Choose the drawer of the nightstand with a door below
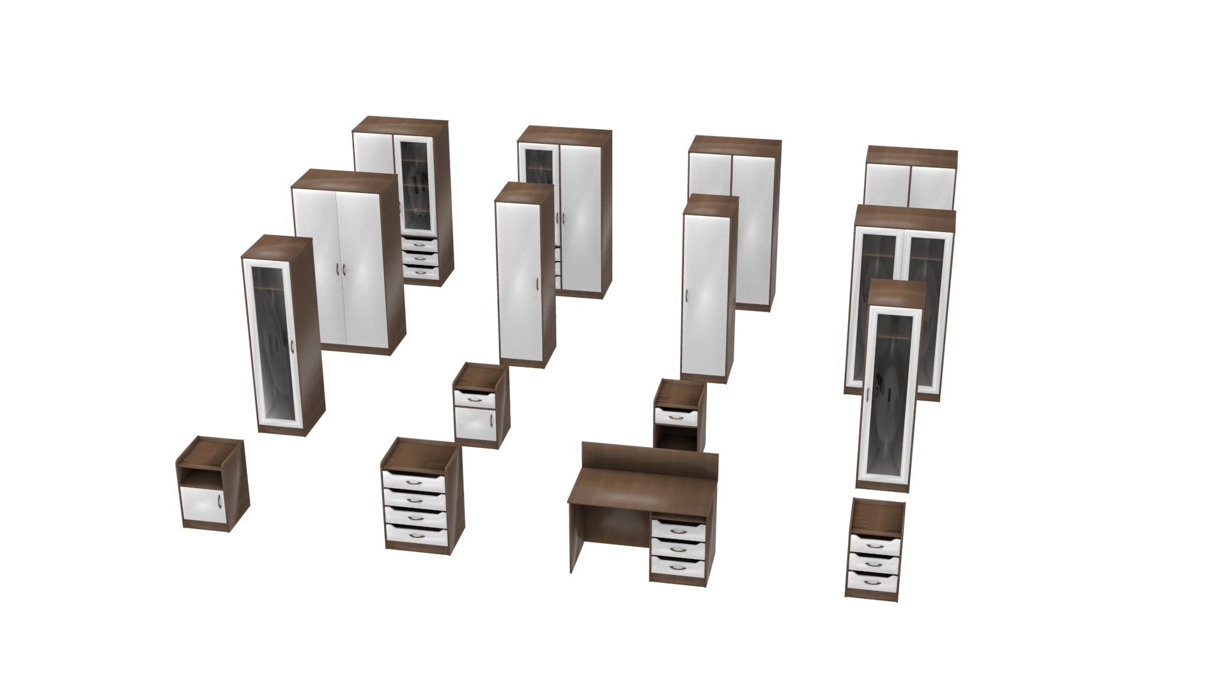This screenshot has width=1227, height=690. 474,398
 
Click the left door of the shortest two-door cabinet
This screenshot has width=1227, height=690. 886,185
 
